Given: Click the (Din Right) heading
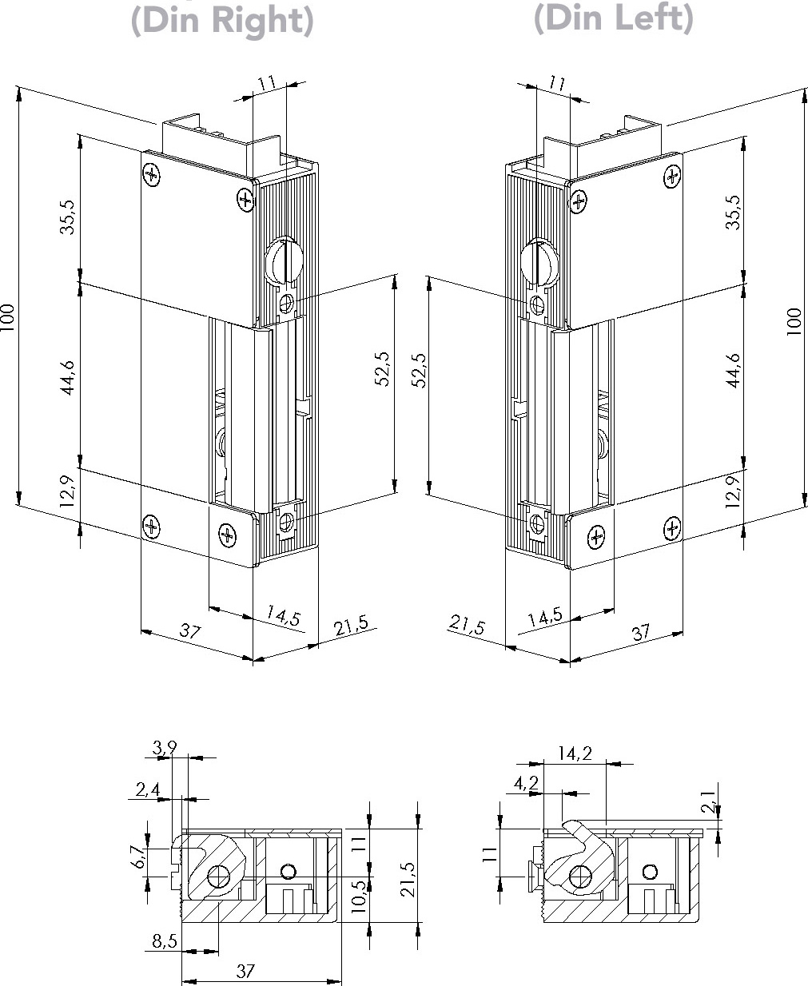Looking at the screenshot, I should tap(222, 20).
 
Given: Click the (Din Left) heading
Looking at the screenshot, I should tap(613, 18).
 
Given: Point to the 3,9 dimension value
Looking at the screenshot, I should tap(165, 749).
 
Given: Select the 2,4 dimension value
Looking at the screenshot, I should tap(148, 790).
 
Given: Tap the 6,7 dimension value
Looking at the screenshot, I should tap(137, 858).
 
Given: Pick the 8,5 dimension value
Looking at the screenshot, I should tap(164, 942).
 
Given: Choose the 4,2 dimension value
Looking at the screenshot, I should tap(526, 784).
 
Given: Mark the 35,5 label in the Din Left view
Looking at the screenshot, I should tap(732, 213).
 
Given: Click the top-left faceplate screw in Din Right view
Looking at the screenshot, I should tap(151, 174).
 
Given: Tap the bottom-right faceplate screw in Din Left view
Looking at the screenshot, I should tap(673, 527).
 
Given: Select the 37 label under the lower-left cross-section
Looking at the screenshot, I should tap(245, 971).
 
